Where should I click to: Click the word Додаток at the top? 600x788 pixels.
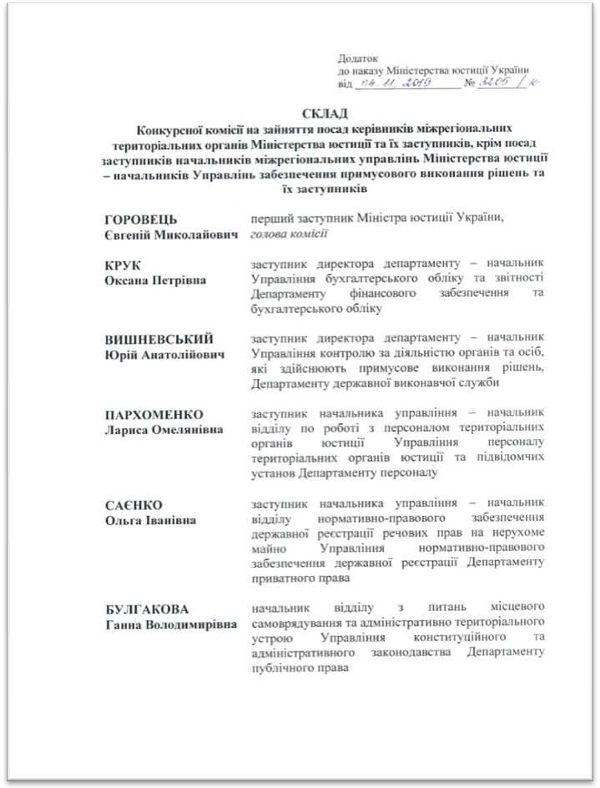pyautogui.click(x=357, y=58)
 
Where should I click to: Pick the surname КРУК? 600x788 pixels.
pyautogui.click(x=120, y=265)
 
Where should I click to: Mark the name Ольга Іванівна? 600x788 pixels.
pyautogui.click(x=149, y=520)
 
